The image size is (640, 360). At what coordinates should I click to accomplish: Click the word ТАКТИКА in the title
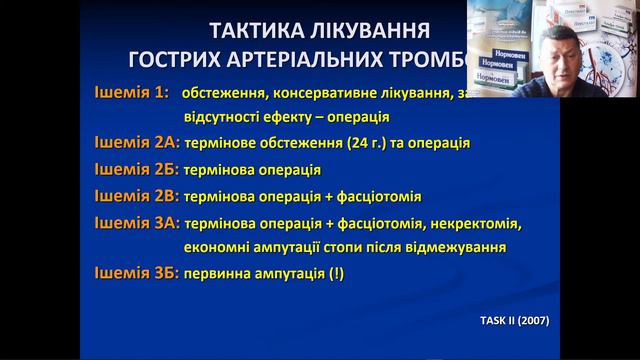(235, 28)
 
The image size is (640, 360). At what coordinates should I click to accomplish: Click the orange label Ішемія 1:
(133, 93)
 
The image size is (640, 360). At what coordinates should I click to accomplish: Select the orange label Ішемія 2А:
(137, 143)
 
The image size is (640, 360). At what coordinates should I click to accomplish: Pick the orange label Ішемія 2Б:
(137, 169)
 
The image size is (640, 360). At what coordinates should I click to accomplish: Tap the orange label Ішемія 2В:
(137, 195)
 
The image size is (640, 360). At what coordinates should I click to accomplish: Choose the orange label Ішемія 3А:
(137, 221)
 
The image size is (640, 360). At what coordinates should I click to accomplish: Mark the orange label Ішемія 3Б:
(137, 273)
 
